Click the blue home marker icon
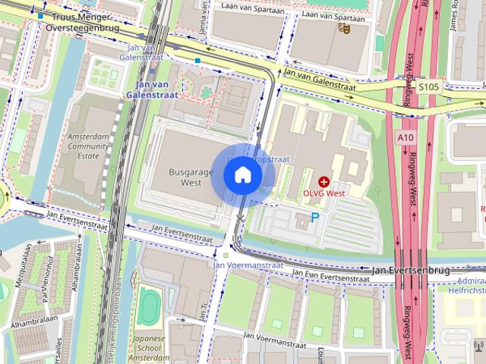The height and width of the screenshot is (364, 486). pyautogui.click(x=242, y=174)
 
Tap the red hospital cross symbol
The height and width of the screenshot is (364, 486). pyautogui.click(x=324, y=182)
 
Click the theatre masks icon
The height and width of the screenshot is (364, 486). pyautogui.click(x=342, y=29)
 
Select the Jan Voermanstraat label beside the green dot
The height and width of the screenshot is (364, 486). pyautogui.click(x=248, y=265)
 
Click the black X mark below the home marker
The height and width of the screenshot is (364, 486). pyautogui.click(x=240, y=218)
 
